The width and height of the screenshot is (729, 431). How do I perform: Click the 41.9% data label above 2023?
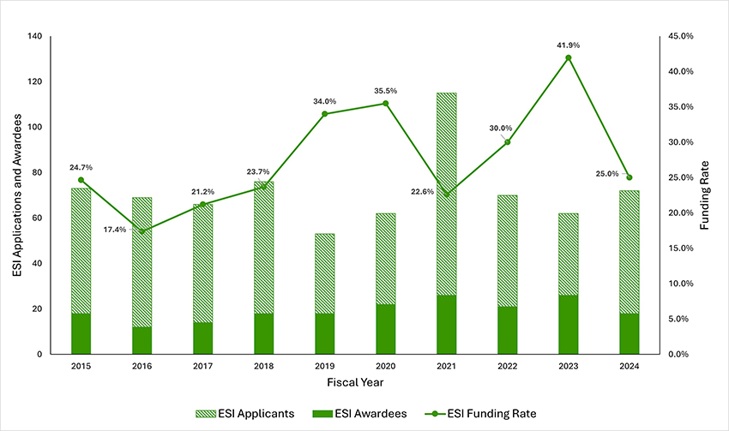click(568, 43)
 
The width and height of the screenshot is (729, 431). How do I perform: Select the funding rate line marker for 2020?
click(385, 104)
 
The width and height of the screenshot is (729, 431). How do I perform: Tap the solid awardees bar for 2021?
click(446, 325)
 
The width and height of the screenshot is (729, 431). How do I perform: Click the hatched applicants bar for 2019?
click(324, 273)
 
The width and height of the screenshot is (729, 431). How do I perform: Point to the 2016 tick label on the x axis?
click(142, 366)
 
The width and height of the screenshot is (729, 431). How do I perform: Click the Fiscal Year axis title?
click(354, 381)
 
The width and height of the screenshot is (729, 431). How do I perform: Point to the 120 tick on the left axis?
click(35, 82)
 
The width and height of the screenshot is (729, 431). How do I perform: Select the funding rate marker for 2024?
click(629, 177)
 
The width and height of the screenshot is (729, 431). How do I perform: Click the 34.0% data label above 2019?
click(324, 101)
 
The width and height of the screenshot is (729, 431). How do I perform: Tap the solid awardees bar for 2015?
click(81, 334)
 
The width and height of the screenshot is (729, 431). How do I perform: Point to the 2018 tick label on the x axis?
click(263, 366)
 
